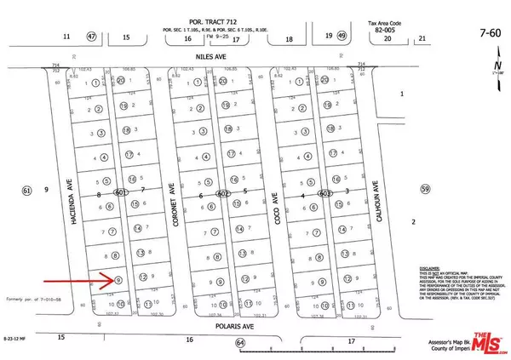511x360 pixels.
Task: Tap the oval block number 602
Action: [223, 194]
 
